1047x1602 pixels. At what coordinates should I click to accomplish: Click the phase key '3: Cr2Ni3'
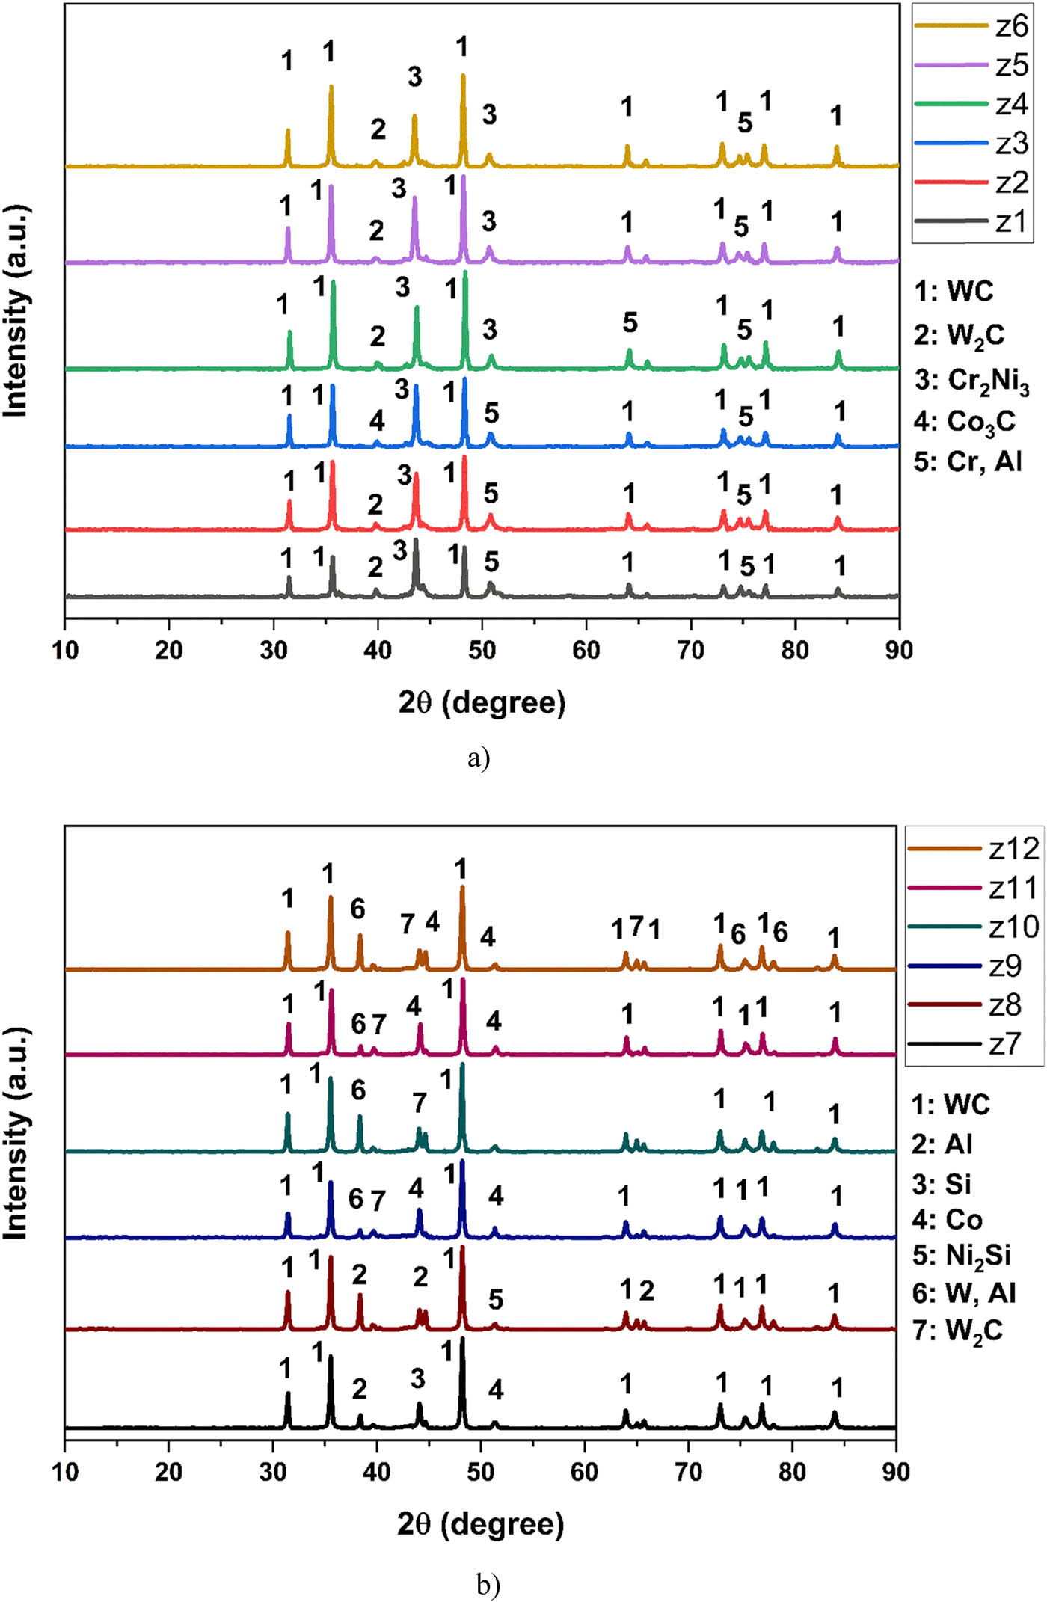[x=971, y=381]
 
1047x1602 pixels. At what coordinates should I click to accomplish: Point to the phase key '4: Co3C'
[x=965, y=422]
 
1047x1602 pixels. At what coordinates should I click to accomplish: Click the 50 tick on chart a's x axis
[x=482, y=650]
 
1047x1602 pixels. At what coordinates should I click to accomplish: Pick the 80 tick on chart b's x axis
[x=792, y=1472]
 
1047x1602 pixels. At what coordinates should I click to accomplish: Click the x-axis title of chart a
[x=482, y=703]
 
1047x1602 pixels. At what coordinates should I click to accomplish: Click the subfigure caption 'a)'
[x=479, y=758]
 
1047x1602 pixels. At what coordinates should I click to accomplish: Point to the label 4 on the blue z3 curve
[x=377, y=420]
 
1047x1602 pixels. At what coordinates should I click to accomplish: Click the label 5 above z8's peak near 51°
[x=495, y=1299]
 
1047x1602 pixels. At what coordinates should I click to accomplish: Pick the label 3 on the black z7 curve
[x=417, y=1378]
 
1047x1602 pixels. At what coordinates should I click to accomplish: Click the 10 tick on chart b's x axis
[x=65, y=1472]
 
